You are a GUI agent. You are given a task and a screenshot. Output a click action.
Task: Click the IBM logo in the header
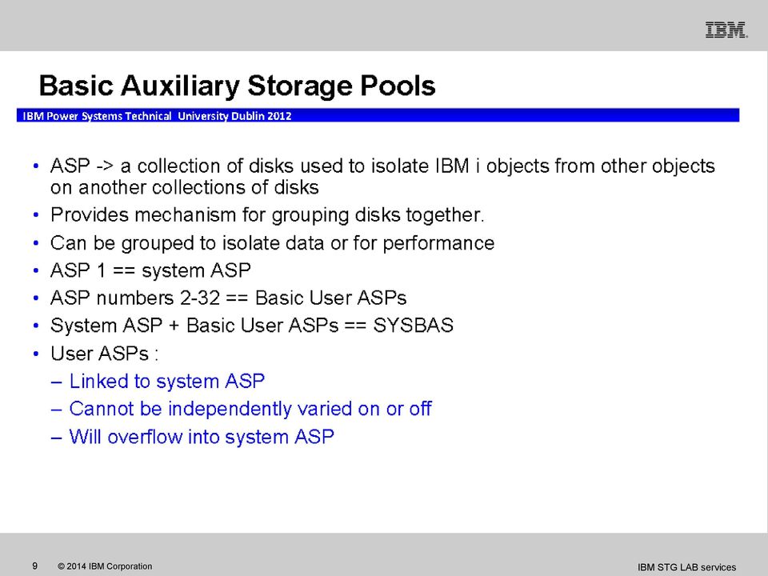(726, 30)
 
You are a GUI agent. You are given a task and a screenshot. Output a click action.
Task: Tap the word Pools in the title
(398, 86)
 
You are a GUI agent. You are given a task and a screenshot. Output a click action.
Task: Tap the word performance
(439, 243)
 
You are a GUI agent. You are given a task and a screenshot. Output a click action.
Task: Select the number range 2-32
(200, 298)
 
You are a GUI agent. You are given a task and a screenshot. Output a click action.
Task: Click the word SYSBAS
(414, 326)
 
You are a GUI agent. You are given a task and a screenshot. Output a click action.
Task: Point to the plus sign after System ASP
(174, 326)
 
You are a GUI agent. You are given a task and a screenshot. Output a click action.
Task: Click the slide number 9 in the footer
(34, 566)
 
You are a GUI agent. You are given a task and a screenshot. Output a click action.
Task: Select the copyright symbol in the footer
(62, 566)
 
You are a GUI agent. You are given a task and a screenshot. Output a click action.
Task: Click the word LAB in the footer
(688, 567)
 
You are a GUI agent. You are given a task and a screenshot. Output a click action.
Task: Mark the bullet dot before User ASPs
(36, 354)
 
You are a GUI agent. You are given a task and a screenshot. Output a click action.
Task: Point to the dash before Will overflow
(56, 438)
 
